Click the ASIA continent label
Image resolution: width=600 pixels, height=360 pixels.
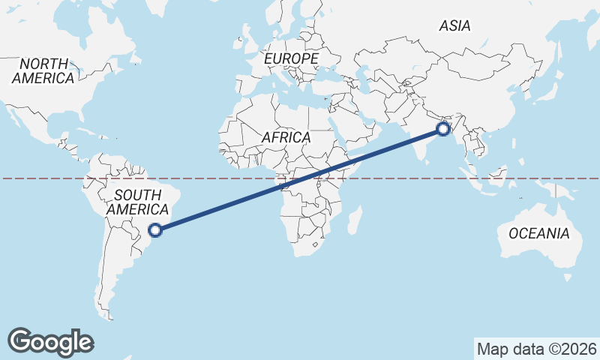454,26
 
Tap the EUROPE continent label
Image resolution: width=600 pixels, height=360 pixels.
292,58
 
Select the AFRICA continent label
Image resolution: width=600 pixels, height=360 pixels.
286,138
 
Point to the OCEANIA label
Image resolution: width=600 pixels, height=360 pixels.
538,234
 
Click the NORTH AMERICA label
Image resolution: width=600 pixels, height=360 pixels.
43,70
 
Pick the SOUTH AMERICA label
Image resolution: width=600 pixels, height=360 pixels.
136,202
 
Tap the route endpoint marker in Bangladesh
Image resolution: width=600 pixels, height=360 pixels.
442,129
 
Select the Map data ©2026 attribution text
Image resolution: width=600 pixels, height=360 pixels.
536,349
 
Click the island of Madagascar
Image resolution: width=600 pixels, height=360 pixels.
355,221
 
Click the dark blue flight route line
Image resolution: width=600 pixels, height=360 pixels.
300,180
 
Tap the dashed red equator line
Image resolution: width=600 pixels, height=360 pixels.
45,178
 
